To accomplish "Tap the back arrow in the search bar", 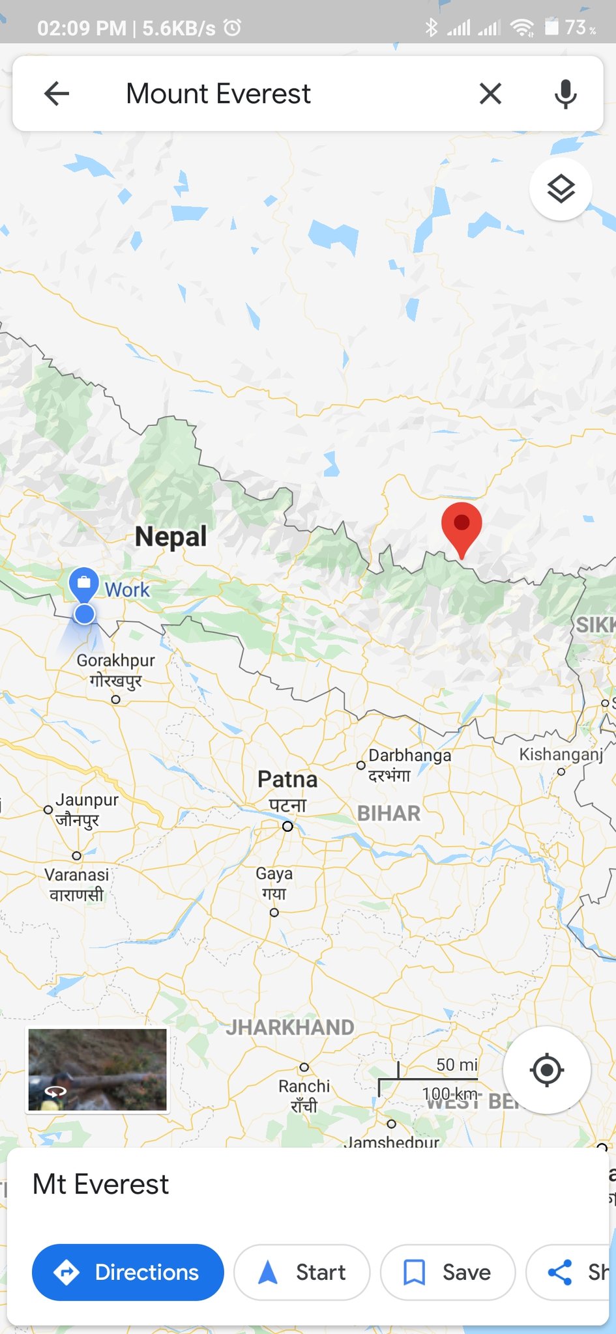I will tap(57, 94).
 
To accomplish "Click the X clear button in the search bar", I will tap(490, 94).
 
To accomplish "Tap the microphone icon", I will tap(565, 94).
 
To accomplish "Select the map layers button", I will tap(561, 189).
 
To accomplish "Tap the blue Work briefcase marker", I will tap(84, 583).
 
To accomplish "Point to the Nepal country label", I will tap(171, 537).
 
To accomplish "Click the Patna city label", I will tap(287, 779).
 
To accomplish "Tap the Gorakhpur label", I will tap(116, 660).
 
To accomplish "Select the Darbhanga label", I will tap(409, 756).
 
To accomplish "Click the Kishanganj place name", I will tap(561, 754).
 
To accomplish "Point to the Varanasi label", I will tap(77, 875).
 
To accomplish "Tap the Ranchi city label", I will tap(304, 1086).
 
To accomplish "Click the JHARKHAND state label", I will tap(290, 1028).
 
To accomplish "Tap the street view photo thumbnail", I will tap(97, 1070).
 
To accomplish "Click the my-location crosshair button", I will tap(546, 1070).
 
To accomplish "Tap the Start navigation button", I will tap(302, 1272).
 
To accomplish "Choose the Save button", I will tap(448, 1272).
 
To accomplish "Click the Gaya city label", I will tap(274, 873).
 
